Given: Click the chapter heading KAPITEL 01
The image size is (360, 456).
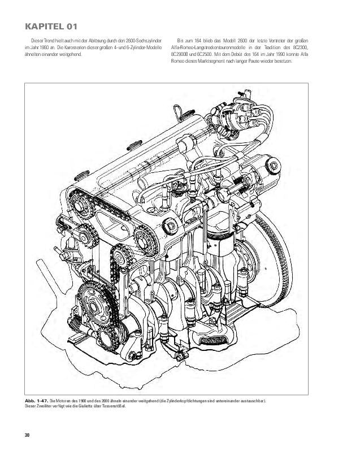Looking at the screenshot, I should click(x=47, y=26).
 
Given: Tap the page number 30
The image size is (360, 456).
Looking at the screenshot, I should click(x=27, y=434).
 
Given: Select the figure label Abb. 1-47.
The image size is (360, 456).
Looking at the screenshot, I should click(x=36, y=401).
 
